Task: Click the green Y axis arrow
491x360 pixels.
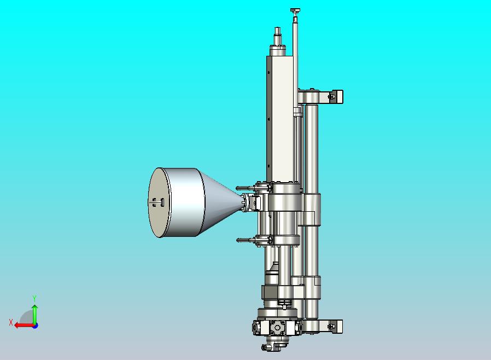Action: [35, 314]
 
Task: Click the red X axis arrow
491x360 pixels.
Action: [25, 325]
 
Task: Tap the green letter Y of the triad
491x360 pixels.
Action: [34, 298]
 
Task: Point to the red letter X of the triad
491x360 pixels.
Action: [11, 322]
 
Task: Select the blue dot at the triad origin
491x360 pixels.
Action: [36, 326]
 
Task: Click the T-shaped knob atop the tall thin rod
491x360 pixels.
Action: [295, 11]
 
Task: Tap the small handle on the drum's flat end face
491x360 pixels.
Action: [158, 202]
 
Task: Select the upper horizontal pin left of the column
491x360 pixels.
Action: [246, 188]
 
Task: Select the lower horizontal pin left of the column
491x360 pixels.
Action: [247, 240]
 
